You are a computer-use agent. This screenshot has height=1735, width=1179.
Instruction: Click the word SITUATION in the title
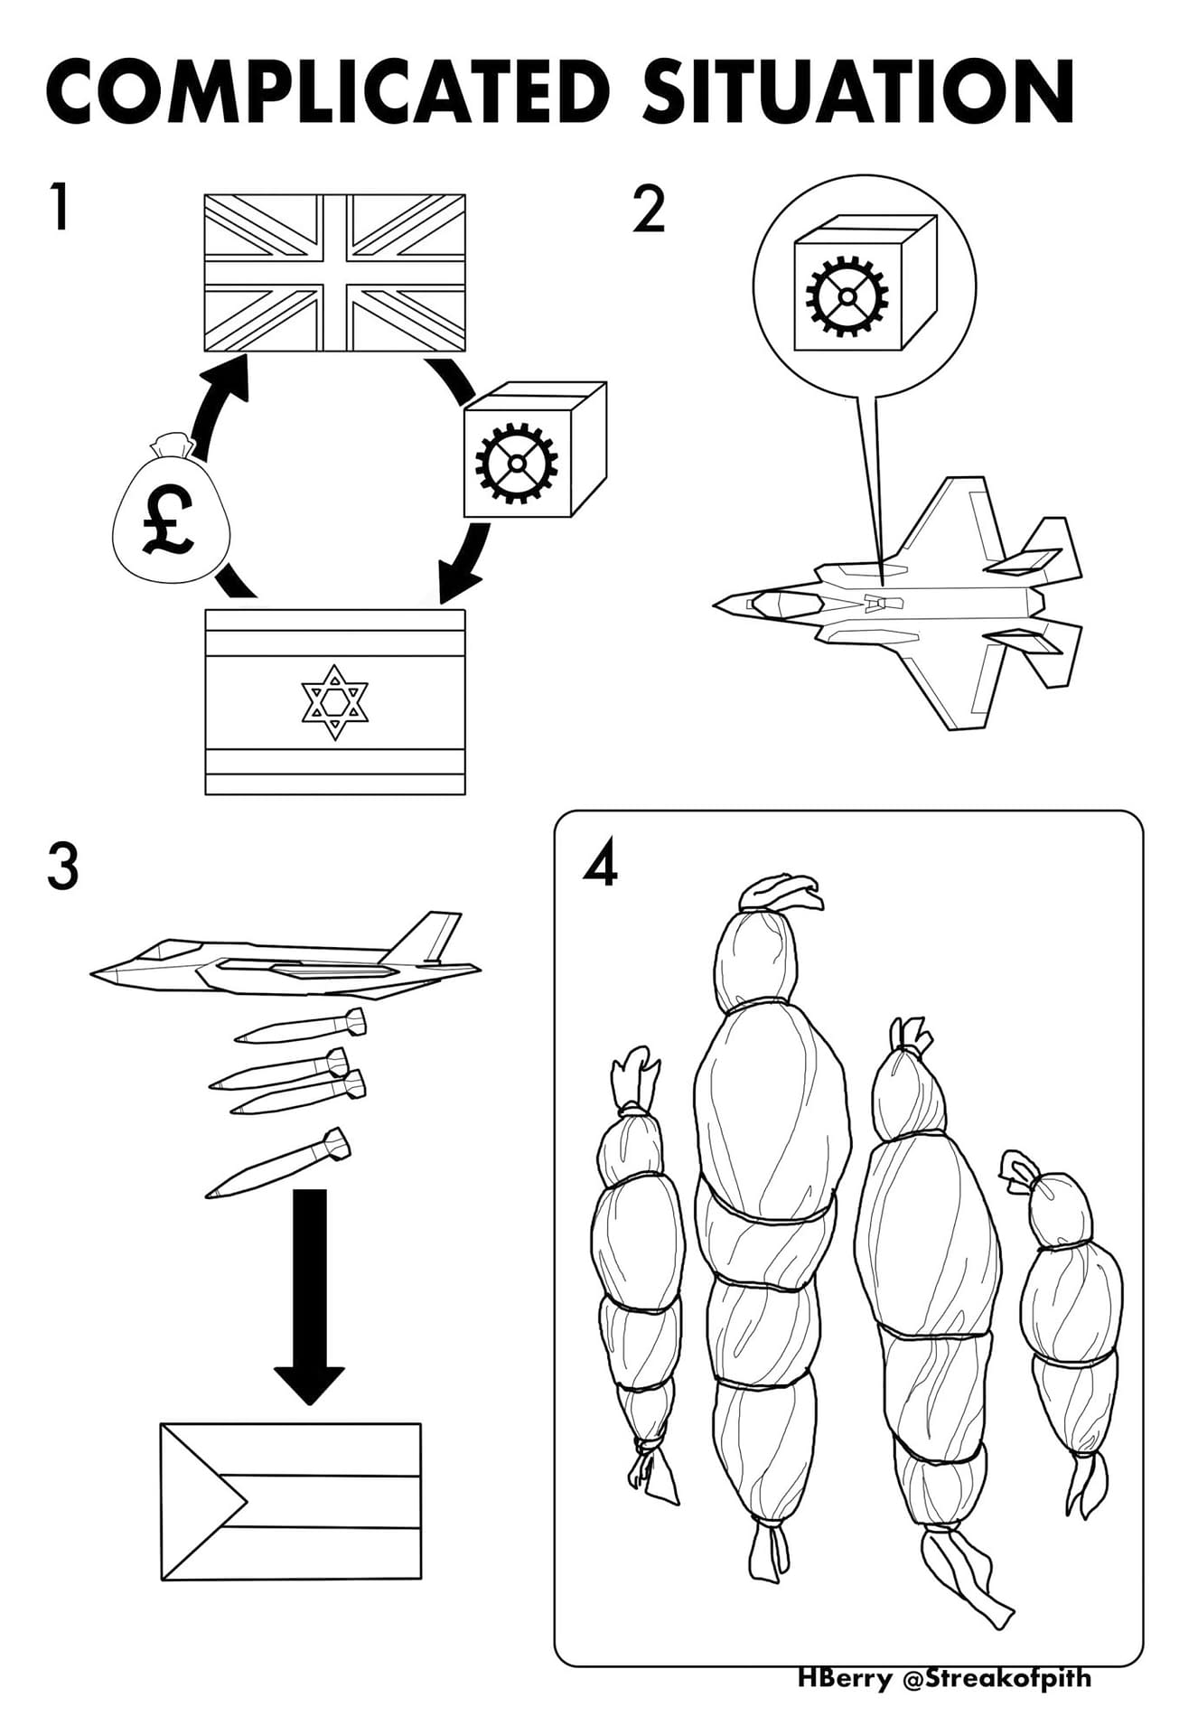[858, 92]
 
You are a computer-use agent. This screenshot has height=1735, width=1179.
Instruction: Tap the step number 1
[60, 207]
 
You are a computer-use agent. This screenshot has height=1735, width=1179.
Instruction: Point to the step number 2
[649, 210]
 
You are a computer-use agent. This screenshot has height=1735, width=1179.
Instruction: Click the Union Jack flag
[335, 273]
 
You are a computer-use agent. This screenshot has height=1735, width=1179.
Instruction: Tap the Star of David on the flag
[335, 702]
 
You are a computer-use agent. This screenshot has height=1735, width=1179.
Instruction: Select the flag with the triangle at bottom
[291, 1501]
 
